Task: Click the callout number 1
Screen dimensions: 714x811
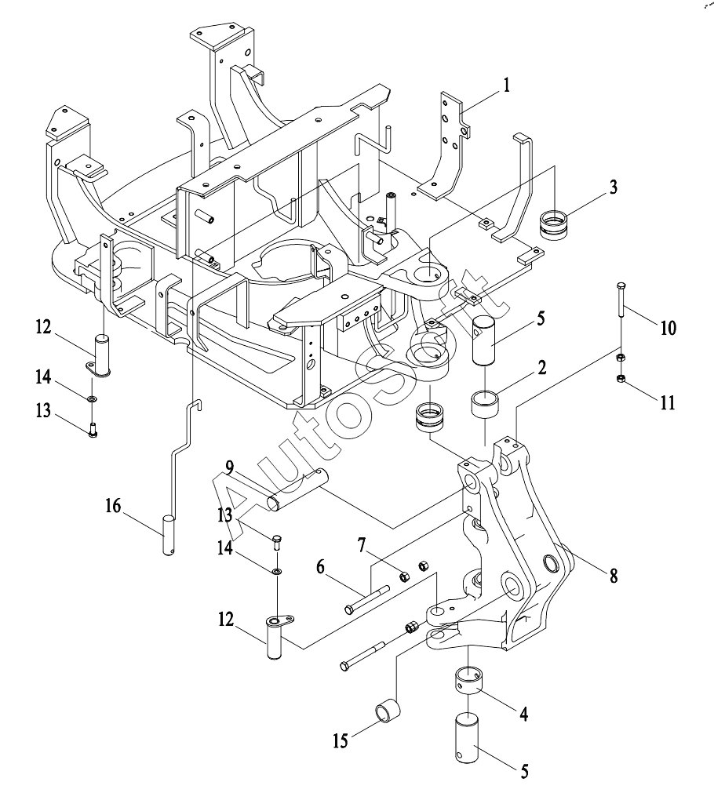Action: pyautogui.click(x=507, y=85)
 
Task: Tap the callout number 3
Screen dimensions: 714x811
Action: pyautogui.click(x=613, y=187)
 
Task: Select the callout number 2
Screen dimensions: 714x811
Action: pyautogui.click(x=541, y=368)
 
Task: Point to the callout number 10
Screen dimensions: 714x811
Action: pyautogui.click(x=668, y=328)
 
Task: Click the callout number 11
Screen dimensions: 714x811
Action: pyautogui.click(x=668, y=402)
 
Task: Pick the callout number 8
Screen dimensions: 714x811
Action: pyautogui.click(x=614, y=575)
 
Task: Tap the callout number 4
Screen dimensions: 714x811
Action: pyautogui.click(x=524, y=715)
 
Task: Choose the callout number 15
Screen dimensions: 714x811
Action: pyautogui.click(x=341, y=740)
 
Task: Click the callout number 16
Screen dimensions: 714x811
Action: pyautogui.click(x=113, y=506)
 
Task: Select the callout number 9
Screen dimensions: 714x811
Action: pyautogui.click(x=230, y=468)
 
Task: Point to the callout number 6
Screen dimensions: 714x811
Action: pyautogui.click(x=321, y=567)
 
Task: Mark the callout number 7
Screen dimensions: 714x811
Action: pyautogui.click(x=361, y=544)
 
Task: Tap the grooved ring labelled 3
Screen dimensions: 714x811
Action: pyautogui.click(x=554, y=225)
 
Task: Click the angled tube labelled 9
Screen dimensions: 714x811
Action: pyautogui.click(x=297, y=489)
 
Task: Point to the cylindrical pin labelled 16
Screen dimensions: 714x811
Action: pyautogui.click(x=168, y=535)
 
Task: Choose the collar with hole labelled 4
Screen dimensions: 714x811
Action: pyautogui.click(x=468, y=680)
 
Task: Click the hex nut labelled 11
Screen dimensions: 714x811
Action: pyautogui.click(x=622, y=379)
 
